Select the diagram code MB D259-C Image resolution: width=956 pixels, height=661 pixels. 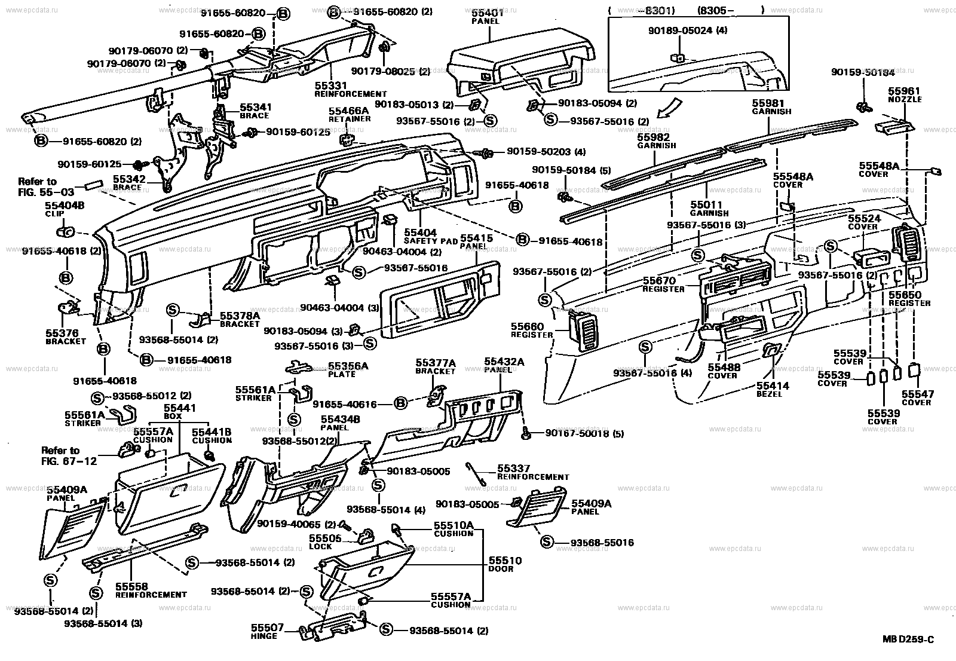pyautogui.click(x=908, y=640)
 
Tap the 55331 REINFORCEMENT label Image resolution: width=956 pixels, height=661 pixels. pyautogui.click(x=350, y=90)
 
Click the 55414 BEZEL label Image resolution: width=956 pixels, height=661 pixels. pyautogui.click(x=773, y=390)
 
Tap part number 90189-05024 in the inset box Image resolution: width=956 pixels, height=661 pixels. pyautogui.click(x=687, y=30)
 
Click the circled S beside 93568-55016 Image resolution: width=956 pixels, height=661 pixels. pyautogui.click(x=546, y=542)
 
